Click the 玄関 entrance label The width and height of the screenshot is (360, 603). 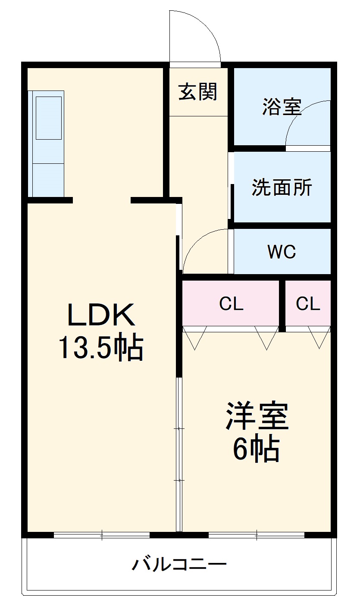tap(198, 91)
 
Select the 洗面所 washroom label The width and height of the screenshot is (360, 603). tap(282, 187)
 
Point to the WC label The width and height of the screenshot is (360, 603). tap(282, 252)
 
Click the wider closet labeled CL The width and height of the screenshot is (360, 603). tap(231, 304)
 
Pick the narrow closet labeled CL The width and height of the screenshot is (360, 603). tap(308, 304)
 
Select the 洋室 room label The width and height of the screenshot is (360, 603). tap(257, 416)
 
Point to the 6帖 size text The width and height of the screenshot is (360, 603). tap(257, 450)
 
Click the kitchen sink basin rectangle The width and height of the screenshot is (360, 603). tap(48, 118)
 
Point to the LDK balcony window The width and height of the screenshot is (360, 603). tap(102, 535)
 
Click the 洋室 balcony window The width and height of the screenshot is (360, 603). tap(257, 535)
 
